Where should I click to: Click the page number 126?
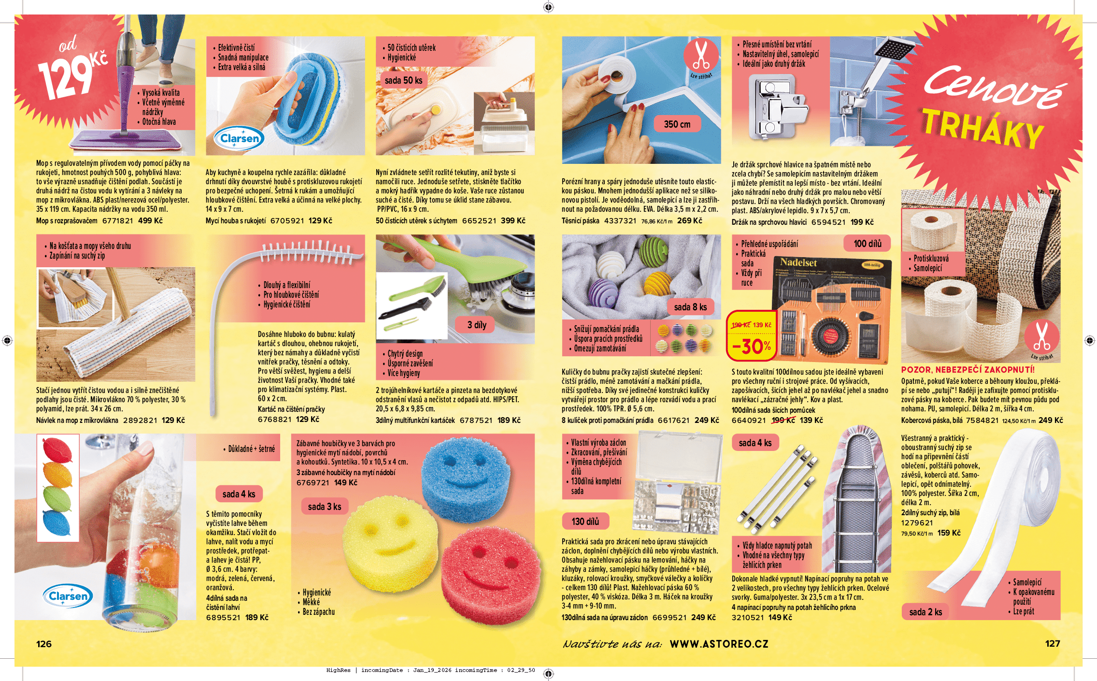click(44, 644)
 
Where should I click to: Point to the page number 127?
click(1052, 644)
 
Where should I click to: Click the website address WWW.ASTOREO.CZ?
click(719, 644)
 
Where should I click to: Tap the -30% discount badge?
click(751, 346)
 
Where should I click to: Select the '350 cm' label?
click(677, 124)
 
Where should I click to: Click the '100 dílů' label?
click(868, 244)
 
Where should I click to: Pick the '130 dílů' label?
click(585, 522)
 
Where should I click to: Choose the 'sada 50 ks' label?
click(403, 80)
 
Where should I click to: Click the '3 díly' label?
click(476, 325)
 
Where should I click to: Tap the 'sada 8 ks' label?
click(690, 307)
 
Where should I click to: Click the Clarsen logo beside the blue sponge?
click(240, 139)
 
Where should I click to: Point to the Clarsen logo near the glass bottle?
click(68, 596)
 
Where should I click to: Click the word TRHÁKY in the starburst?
click(983, 128)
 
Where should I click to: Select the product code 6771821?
click(117, 221)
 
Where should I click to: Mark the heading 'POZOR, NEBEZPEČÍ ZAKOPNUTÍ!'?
click(968, 370)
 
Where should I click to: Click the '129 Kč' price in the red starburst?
click(72, 72)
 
